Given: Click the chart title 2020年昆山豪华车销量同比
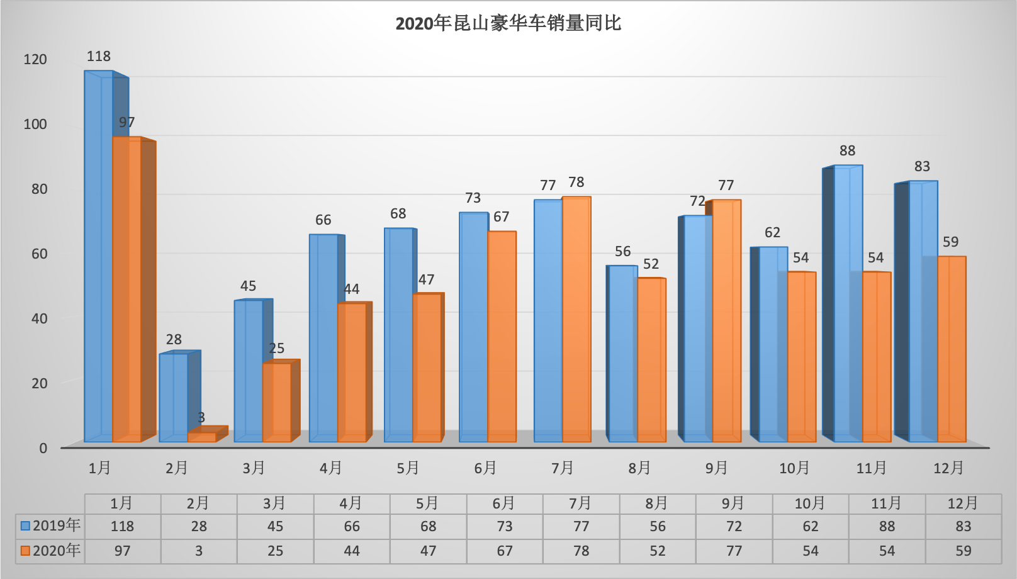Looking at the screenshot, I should click(x=508, y=24).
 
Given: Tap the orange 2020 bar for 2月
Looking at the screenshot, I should click(x=201, y=437).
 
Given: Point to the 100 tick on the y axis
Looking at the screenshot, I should click(x=35, y=124).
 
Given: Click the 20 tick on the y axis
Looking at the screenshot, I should click(x=39, y=383).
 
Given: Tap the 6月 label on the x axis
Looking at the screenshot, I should click(x=485, y=468).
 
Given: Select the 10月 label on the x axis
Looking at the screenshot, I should click(x=794, y=468).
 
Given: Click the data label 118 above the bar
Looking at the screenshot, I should click(x=99, y=57).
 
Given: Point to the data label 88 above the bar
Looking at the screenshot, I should click(x=847, y=151).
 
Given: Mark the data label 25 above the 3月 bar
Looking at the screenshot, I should click(x=276, y=349).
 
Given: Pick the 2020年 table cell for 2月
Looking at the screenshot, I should click(x=199, y=551).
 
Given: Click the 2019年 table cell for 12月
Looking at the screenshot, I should click(x=963, y=526).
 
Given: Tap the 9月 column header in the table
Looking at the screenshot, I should click(x=733, y=503).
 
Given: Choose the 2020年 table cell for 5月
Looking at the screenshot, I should click(x=428, y=551).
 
